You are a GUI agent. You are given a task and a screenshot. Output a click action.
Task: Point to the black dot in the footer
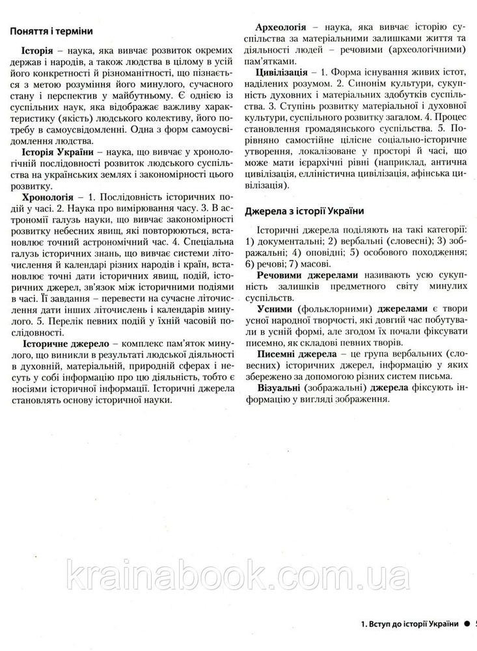tap(467, 624)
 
